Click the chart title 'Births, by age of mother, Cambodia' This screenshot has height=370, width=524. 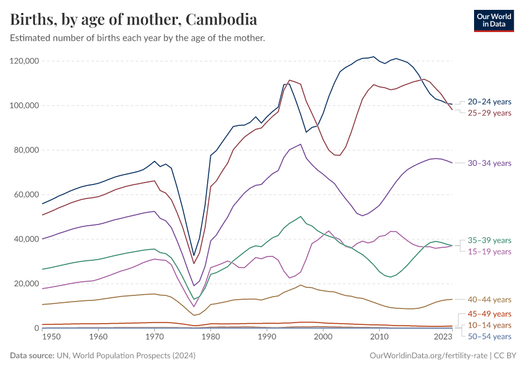134,19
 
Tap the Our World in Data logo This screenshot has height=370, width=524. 494,20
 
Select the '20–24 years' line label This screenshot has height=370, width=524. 489,101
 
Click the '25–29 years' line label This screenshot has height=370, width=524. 489,113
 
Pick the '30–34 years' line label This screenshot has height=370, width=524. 489,163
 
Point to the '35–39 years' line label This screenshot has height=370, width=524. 489,240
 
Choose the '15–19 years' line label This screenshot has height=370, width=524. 489,252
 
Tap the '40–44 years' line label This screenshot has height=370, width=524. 489,299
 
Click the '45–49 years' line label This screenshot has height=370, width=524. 489,314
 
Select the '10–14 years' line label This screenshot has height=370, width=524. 489,325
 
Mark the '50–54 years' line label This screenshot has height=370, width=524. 489,336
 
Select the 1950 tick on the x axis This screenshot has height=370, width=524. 51,338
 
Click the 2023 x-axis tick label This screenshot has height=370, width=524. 443,338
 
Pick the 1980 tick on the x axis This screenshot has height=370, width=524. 210,338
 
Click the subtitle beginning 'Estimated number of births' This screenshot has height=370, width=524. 137,38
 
